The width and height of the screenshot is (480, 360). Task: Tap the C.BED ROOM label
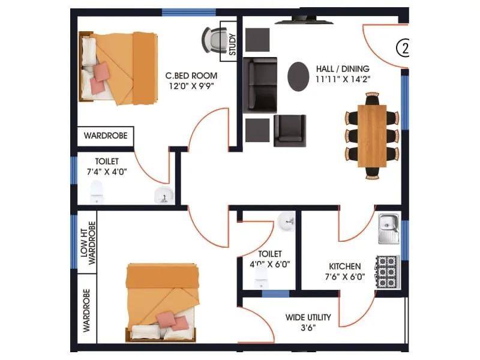[191, 76]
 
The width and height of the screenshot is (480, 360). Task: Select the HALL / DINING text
[343, 69]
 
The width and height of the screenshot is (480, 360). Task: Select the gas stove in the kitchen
[388, 272]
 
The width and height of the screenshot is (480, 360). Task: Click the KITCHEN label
[344, 266]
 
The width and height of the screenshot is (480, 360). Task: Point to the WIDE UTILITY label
[308, 317]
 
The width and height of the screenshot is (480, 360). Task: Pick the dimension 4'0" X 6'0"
[270, 264]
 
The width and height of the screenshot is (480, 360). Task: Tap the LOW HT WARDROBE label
[88, 242]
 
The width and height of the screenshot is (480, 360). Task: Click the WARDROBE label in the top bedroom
[106, 136]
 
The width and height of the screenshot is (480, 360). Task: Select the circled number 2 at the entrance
[404, 49]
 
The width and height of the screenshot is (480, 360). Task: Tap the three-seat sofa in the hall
[260, 85]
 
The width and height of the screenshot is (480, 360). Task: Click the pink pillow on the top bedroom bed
[102, 71]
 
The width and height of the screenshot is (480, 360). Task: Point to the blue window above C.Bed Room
[189, 12]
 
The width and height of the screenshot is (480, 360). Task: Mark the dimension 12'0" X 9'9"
[191, 86]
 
